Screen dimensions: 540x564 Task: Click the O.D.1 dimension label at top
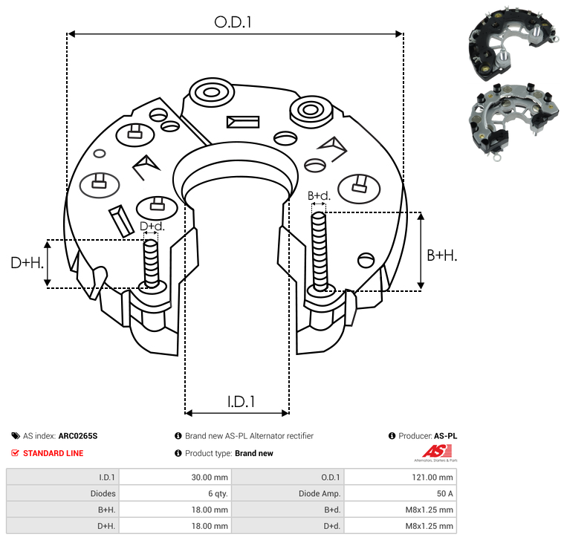tap(233, 22)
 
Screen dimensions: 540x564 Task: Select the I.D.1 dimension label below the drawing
tap(241, 401)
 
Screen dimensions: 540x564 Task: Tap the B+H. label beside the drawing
tap(441, 255)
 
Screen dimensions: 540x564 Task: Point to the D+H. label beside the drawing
tap(27, 262)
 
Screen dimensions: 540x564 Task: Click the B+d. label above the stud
tap(319, 196)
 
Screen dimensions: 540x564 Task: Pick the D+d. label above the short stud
tap(152, 226)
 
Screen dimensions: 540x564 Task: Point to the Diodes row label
tap(102, 493)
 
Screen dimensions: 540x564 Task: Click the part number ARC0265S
tap(78, 436)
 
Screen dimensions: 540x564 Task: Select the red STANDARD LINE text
tap(53, 453)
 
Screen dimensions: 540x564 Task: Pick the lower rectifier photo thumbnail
tap(513, 118)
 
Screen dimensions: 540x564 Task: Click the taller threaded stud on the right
tap(320, 251)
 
